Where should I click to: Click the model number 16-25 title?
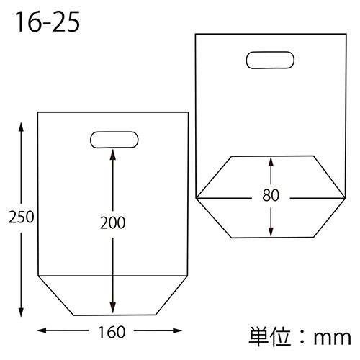48,22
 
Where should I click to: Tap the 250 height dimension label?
22,217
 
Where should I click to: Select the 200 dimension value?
113,222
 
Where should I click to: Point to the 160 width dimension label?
112,332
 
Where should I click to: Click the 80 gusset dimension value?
271,195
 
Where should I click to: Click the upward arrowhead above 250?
21,127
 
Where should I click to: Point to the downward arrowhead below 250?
21,312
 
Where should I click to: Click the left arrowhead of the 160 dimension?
41,330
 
